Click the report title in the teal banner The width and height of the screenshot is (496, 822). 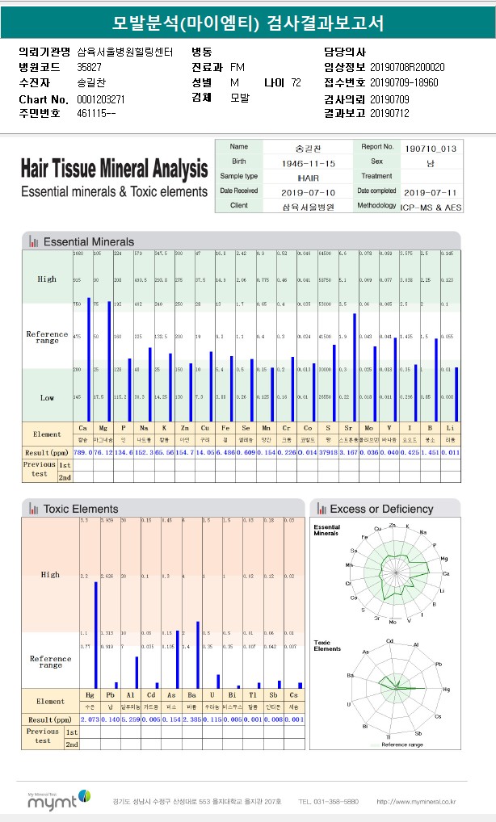[247, 23]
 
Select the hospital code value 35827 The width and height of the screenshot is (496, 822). [90, 66]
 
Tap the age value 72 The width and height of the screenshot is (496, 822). [296, 82]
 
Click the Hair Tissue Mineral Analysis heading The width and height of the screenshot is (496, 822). [114, 170]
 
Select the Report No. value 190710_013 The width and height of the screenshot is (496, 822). [431, 148]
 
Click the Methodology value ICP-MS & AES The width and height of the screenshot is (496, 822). [431, 206]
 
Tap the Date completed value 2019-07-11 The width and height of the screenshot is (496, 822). [431, 191]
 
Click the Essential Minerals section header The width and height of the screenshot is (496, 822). [88, 241]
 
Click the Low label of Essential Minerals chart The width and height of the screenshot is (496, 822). [47, 397]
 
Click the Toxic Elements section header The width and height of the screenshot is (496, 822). [80, 509]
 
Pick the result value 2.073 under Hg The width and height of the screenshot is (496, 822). [90, 719]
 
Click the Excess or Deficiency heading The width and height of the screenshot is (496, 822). [381, 509]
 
